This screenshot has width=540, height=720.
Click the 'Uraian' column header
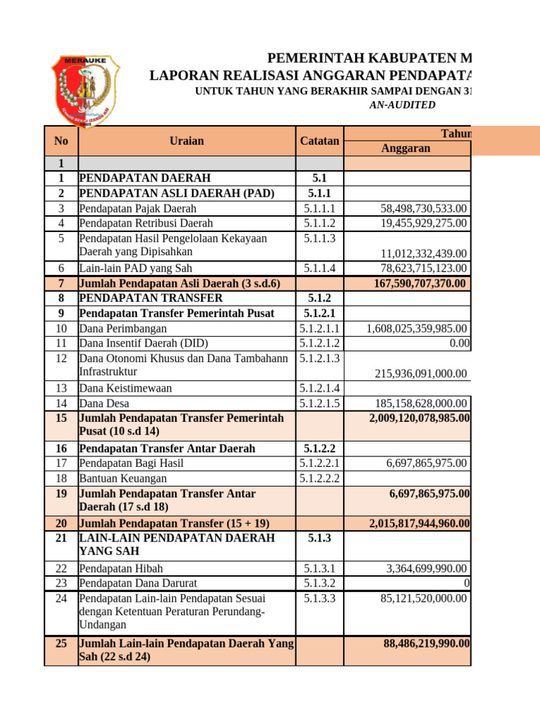tap(186, 141)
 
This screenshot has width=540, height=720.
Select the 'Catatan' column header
tap(319, 141)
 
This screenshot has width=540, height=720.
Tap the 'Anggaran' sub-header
tap(405, 148)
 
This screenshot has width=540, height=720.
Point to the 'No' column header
tap(60, 141)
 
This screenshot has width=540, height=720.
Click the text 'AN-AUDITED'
tap(402, 105)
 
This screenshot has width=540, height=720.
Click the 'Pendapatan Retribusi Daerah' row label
tap(146, 223)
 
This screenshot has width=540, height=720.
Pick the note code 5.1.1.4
tap(319, 268)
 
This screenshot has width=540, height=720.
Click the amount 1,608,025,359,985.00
tap(418, 328)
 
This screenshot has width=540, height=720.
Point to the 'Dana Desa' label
tap(104, 403)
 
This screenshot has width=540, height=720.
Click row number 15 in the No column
tap(60, 418)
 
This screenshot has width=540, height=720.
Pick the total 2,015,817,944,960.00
tap(420, 523)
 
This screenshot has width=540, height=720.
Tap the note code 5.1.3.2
tap(319, 583)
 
